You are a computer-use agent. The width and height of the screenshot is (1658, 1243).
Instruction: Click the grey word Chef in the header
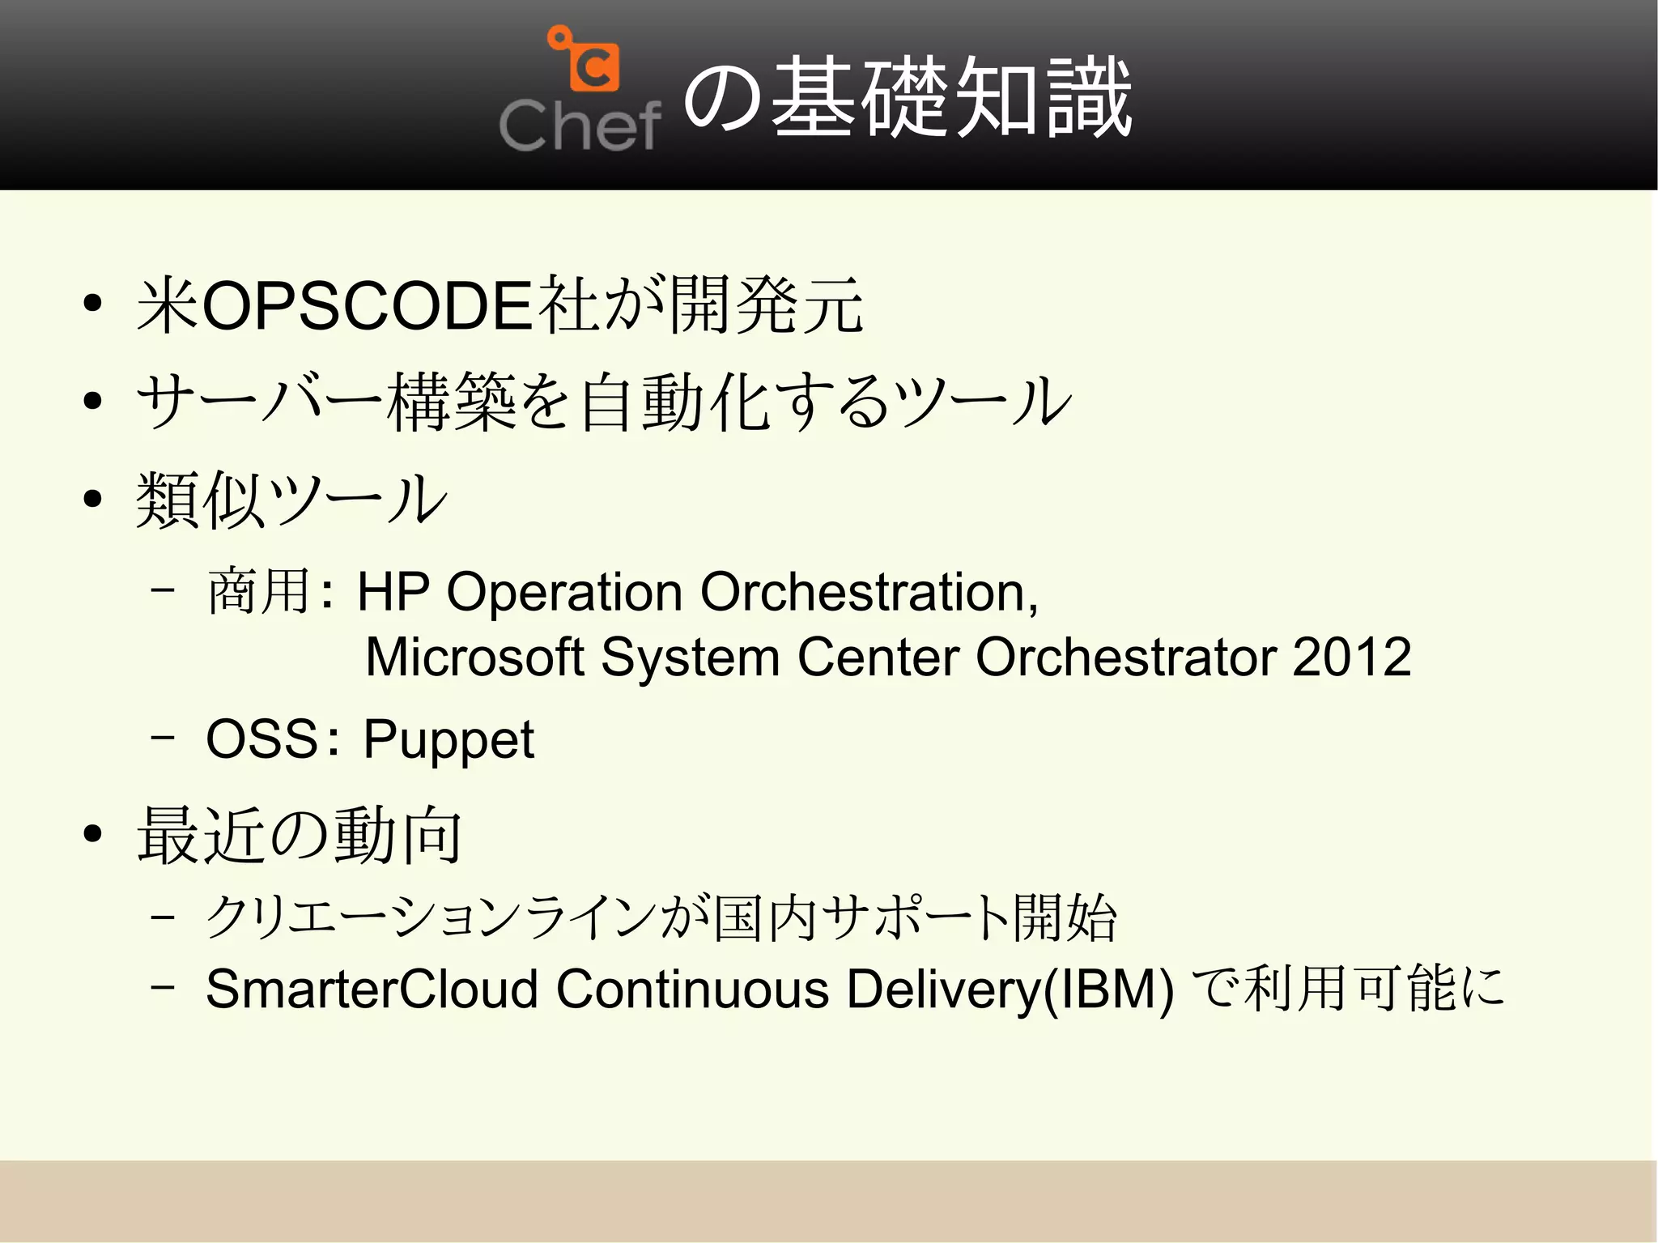pos(580,126)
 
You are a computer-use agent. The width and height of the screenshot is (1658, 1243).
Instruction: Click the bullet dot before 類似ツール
pos(92,499)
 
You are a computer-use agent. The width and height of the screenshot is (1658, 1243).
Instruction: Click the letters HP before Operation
pos(393,592)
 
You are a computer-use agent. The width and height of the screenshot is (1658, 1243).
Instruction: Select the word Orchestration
pos(869,592)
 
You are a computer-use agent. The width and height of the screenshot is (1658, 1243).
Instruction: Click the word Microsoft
pos(474,657)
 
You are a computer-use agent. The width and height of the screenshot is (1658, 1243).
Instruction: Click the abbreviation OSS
pos(261,739)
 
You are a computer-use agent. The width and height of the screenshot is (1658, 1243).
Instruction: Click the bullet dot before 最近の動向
pos(92,833)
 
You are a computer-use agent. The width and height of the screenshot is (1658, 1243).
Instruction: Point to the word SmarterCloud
pos(372,990)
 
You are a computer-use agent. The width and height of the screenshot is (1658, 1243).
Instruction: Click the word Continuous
pos(693,990)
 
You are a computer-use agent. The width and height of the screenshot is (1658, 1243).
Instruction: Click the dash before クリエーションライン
pos(163,918)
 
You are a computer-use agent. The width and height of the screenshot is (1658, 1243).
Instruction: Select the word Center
pos(878,657)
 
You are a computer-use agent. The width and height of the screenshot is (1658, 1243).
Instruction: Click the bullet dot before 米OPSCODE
pos(92,304)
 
